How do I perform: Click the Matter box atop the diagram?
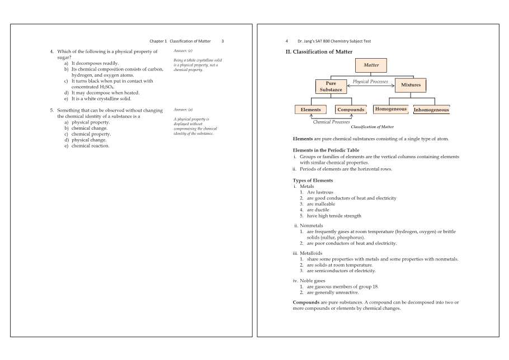pos(371,65)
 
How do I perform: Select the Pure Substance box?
pos(331,86)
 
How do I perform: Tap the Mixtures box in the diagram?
pos(411,85)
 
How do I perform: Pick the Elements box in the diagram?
pos(311,110)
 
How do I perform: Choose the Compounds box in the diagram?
pos(351,110)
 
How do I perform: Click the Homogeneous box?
pos(390,109)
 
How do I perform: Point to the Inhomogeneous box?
pos(431,110)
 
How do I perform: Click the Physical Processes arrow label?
pos(370,82)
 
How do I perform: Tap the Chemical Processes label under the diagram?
pos(331,121)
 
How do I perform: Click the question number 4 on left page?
pos(52,51)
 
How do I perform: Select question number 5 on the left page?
pos(52,110)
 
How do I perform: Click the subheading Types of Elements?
pos(313,181)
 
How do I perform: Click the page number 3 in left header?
pos(223,41)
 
